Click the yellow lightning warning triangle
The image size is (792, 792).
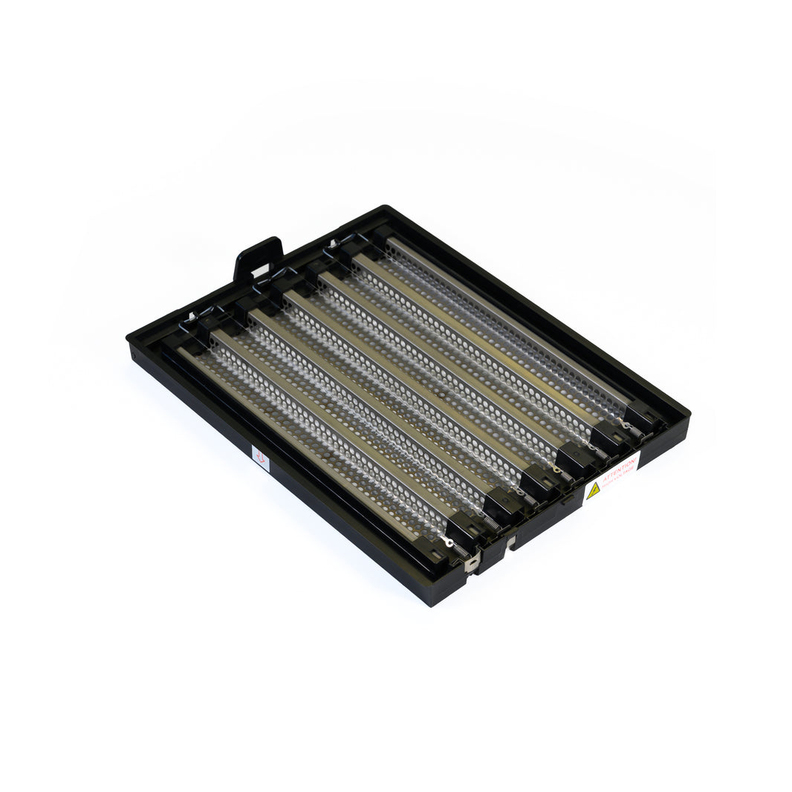click(593, 490)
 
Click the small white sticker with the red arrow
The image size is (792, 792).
click(260, 458)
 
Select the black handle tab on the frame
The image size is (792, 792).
click(258, 258)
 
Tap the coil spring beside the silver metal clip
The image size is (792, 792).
click(461, 551)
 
